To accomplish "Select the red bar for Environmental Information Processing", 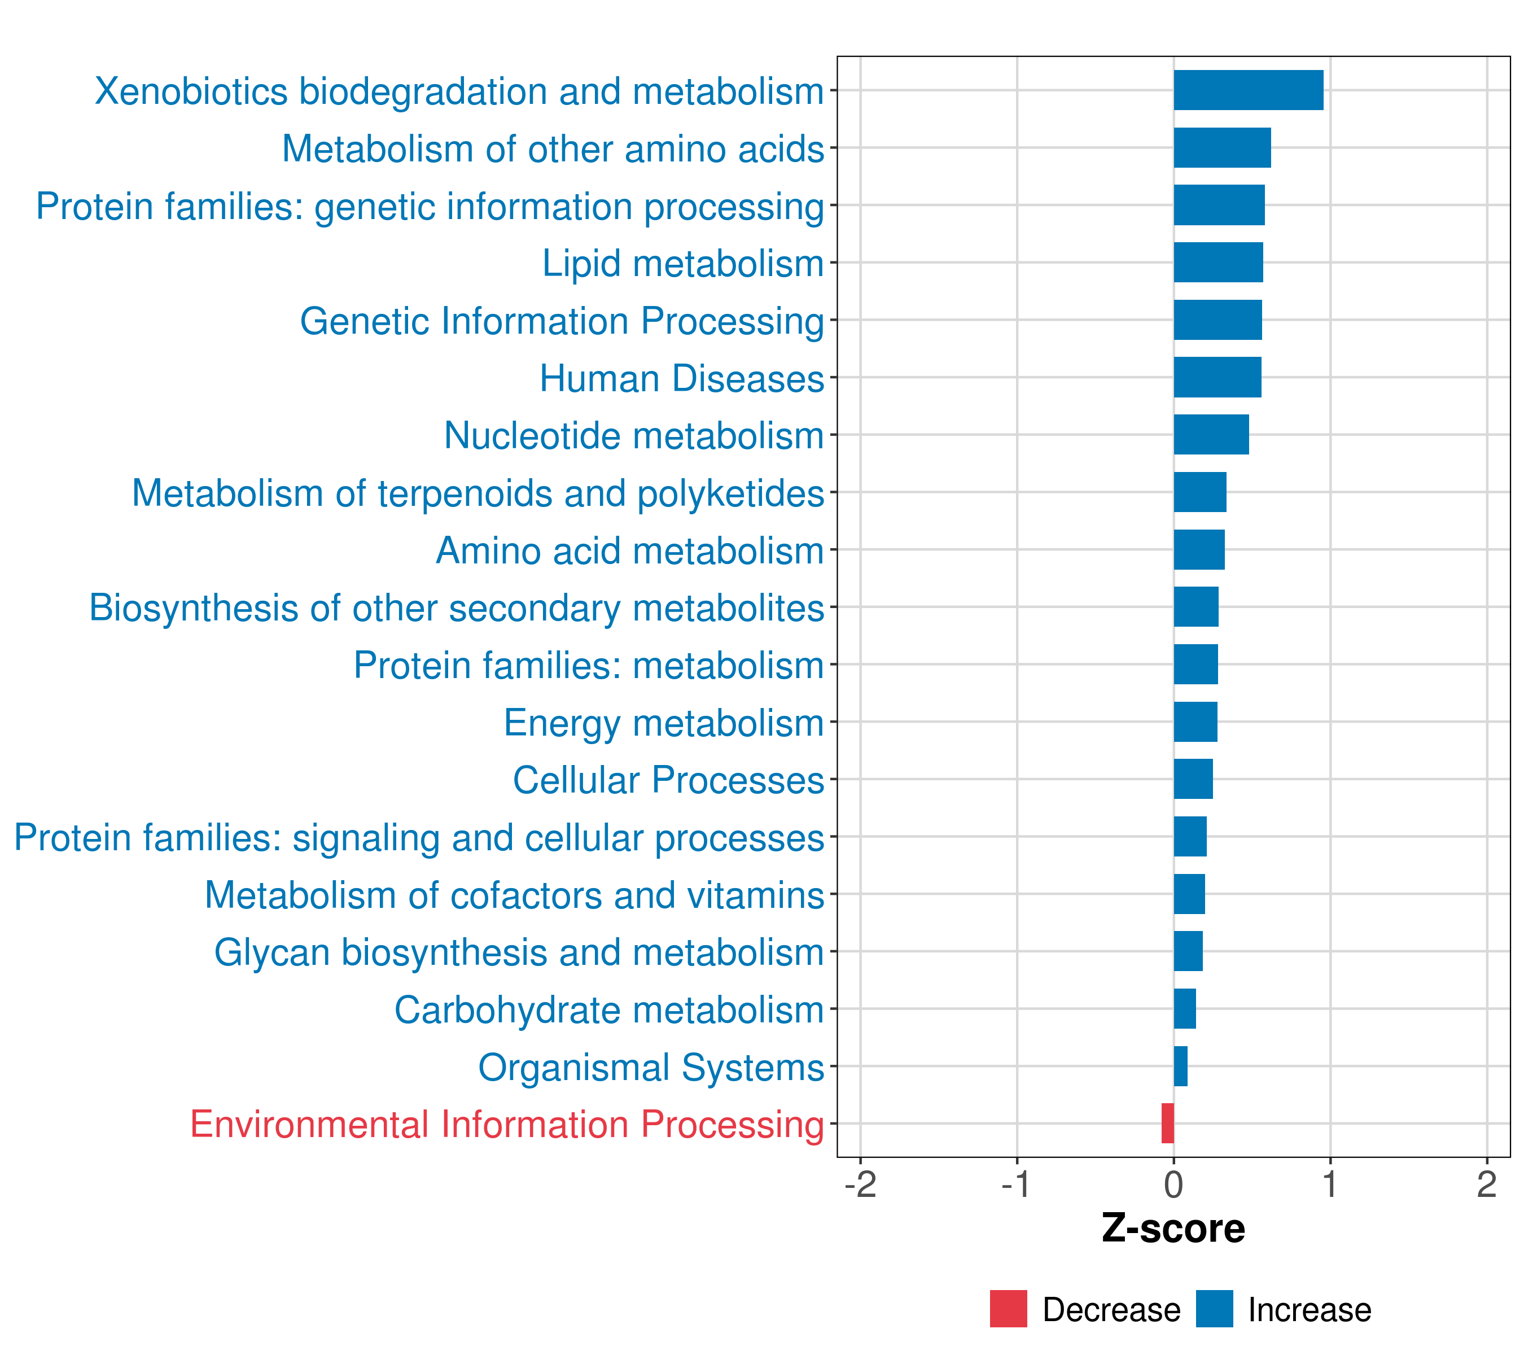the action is pyautogui.click(x=1168, y=1123).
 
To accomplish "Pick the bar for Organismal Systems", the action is pyautogui.click(x=1180, y=1066).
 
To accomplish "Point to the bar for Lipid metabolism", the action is pyautogui.click(x=1218, y=263).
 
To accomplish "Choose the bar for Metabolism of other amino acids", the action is pyautogui.click(x=1222, y=148).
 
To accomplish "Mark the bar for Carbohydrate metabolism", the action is pyautogui.click(x=1185, y=1008).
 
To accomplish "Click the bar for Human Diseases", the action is pyautogui.click(x=1218, y=377).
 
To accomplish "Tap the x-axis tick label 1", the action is pyautogui.click(x=1330, y=1184).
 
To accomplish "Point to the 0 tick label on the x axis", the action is pyautogui.click(x=1173, y=1184).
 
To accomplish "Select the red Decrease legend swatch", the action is pyautogui.click(x=1009, y=1309).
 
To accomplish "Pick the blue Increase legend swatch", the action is pyautogui.click(x=1215, y=1309).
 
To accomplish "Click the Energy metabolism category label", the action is pyautogui.click(x=664, y=723).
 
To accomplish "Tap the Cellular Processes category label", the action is pyautogui.click(x=669, y=780).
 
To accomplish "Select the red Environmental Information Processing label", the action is pyautogui.click(x=507, y=1125).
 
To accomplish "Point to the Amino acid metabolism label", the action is pyautogui.click(x=630, y=551).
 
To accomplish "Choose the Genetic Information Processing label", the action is pyautogui.click(x=562, y=321).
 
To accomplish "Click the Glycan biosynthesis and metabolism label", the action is pyautogui.click(x=519, y=953).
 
